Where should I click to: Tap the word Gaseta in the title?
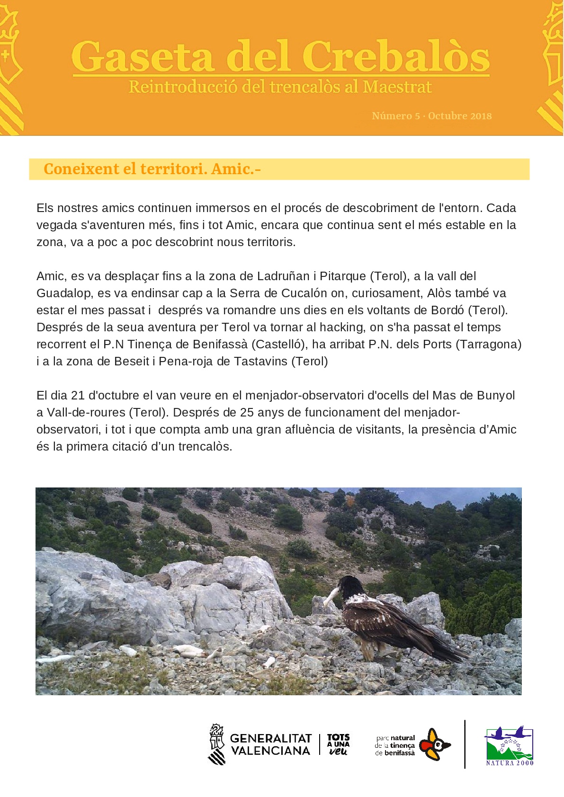pyautogui.click(x=143, y=57)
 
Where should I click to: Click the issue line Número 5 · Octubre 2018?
pyautogui.click(x=431, y=116)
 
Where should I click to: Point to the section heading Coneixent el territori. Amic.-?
pyautogui.click(x=152, y=169)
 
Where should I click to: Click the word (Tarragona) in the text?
pyautogui.click(x=488, y=344)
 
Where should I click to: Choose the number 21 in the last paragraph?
pyautogui.click(x=78, y=395)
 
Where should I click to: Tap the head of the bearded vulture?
pyautogui.click(x=351, y=586)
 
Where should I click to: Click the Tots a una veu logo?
pyautogui.click(x=338, y=744)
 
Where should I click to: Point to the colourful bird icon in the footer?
pyautogui.click(x=435, y=744)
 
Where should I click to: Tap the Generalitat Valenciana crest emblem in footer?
pyautogui.click(x=216, y=744)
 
